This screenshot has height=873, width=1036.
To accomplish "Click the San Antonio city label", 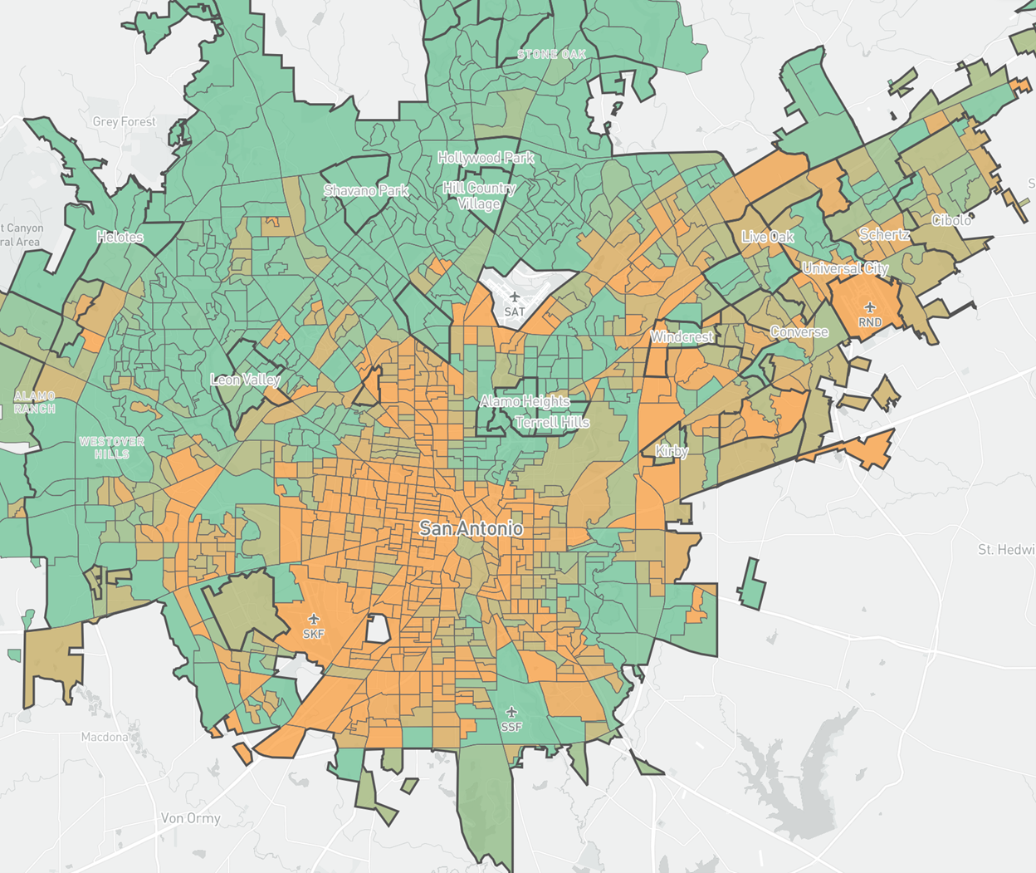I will [471, 528].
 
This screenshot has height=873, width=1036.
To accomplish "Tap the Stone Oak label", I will [551, 55].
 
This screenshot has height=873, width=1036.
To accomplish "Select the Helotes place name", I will [120, 237].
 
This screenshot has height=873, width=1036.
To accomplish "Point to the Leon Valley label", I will [245, 380].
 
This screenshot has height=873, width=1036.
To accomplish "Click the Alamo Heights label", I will [525, 401].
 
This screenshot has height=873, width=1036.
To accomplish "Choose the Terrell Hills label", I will [552, 422].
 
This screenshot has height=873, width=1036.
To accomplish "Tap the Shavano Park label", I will [366, 190].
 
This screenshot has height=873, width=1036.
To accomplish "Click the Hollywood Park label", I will [486, 158].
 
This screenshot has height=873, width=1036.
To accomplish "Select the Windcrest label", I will [682, 337].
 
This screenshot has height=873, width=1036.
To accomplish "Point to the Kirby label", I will [672, 451].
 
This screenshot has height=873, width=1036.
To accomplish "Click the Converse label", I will [799, 331].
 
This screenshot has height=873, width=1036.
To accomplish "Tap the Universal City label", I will [845, 268].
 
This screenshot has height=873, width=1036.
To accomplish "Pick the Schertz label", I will [884, 234].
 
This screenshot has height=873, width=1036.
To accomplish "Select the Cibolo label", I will [951, 220].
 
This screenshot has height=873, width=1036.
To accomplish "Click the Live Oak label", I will [767, 237].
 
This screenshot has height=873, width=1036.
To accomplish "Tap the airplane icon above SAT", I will [515, 297].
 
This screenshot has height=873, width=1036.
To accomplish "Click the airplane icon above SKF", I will [314, 619].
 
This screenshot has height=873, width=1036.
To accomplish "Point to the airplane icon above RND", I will [869, 308].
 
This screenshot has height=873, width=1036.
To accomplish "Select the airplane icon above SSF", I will [511, 712].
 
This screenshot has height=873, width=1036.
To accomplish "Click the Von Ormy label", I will [191, 818].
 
